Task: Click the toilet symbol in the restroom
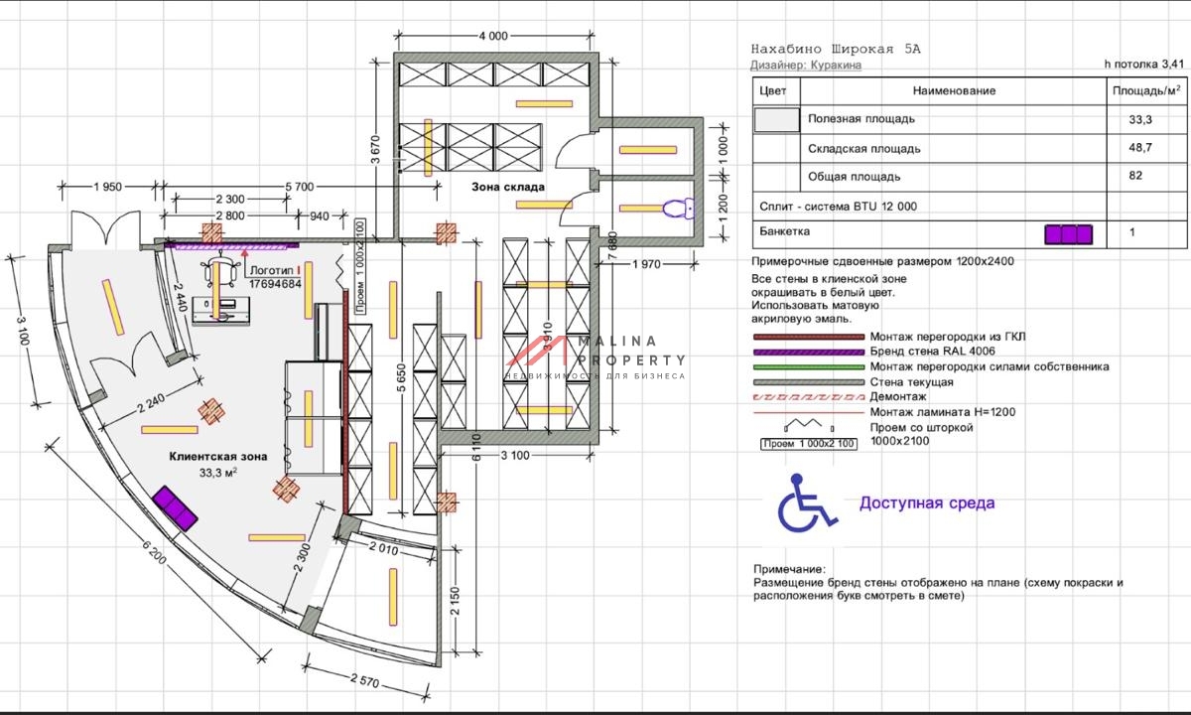[679, 209]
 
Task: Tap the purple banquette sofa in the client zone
[175, 508]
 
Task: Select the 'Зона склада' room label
[508, 187]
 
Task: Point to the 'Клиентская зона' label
[218, 456]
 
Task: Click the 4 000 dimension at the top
[493, 36]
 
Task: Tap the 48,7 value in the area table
[1140, 147]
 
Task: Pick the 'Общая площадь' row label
[854, 177]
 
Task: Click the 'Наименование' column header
[954, 90]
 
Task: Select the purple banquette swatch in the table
[1069, 234]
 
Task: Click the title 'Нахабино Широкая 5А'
[836, 49]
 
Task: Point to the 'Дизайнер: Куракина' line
[806, 65]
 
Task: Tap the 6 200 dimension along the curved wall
[154, 551]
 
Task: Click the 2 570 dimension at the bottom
[365, 680]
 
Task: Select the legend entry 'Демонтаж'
[898, 396]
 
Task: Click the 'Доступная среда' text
[927, 502]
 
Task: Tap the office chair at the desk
[220, 271]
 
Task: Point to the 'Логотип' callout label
[272, 270]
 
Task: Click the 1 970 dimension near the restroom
[646, 264]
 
